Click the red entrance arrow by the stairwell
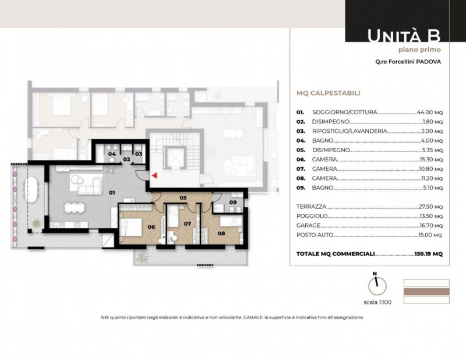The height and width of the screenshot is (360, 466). point(154,175)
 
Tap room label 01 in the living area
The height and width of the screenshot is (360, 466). point(112,193)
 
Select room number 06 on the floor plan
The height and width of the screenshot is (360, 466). point(151,227)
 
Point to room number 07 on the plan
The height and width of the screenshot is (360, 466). point(187,224)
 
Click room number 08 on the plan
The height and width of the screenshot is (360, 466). point(221,234)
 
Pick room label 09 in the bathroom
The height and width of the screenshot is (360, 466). point(233,202)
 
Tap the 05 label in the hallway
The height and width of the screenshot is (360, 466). point(183,197)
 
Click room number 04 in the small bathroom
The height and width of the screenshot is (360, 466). point(112,154)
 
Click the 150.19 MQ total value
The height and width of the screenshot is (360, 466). point(429,254)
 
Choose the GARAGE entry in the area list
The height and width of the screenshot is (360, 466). point(308,225)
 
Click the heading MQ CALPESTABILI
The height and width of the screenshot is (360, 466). point(329,93)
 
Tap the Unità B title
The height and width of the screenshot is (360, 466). point(404,36)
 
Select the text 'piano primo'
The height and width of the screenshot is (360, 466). point(419,50)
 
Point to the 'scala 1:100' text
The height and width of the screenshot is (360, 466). point(377,302)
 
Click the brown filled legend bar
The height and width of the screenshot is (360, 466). point(426,292)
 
